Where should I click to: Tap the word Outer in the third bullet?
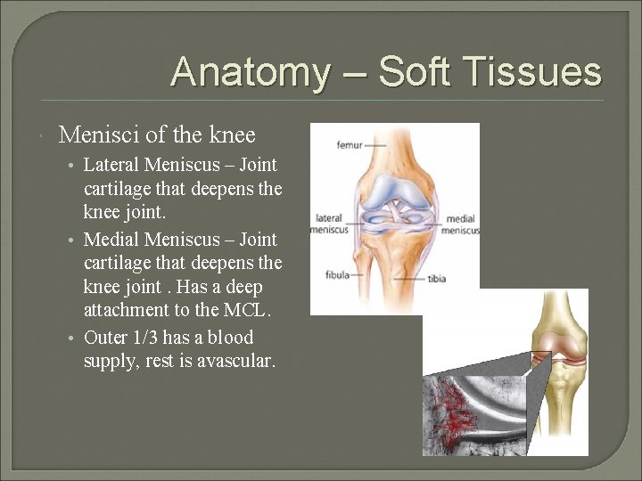(105, 338)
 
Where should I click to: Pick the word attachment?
(126, 311)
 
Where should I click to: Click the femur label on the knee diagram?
(350, 143)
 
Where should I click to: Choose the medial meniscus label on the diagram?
(461, 224)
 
